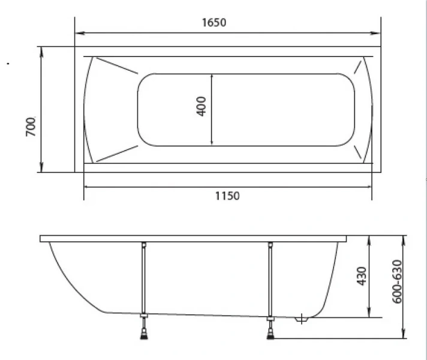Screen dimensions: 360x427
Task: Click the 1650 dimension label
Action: coord(213,23)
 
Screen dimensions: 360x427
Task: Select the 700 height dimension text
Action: coord(31,126)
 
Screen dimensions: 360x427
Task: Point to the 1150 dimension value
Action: coord(227,196)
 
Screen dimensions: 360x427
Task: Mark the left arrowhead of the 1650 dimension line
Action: coord(79,33)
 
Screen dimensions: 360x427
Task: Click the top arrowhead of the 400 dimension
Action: coord(212,76)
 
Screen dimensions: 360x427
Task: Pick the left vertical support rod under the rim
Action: coord(144,276)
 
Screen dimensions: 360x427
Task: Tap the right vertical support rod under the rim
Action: coord(270,276)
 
